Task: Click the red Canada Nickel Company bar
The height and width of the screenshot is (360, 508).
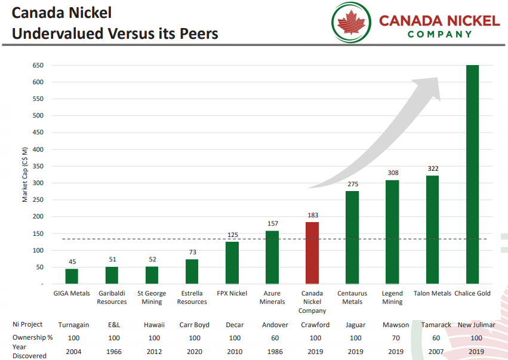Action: pos(312,253)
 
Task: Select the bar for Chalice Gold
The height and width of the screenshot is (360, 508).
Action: pos(472,174)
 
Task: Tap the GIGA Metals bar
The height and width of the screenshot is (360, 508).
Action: pos(72,276)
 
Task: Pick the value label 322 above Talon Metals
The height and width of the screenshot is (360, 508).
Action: pos(433,168)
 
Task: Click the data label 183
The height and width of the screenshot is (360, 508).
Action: pos(313,215)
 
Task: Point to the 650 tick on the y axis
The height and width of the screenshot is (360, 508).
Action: pos(38,65)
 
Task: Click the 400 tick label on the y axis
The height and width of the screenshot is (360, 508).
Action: pos(38,149)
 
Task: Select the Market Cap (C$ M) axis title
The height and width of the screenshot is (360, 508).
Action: pos(24,175)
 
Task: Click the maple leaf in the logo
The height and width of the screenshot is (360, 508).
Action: pos(351,22)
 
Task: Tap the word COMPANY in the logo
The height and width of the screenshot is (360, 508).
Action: pos(439,35)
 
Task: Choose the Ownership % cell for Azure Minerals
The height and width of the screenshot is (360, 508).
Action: pos(275,338)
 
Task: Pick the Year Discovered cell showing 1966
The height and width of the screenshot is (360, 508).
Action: pos(113,352)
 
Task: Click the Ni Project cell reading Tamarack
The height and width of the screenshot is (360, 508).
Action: pos(436,325)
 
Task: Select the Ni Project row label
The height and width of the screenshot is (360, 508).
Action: pos(27,324)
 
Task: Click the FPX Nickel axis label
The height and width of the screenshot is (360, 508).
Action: pos(232,293)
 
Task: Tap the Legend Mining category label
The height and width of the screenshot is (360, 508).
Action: pos(392,297)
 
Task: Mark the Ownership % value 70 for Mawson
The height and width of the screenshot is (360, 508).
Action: pos(396,338)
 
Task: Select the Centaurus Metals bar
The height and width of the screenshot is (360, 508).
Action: pos(352,238)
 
